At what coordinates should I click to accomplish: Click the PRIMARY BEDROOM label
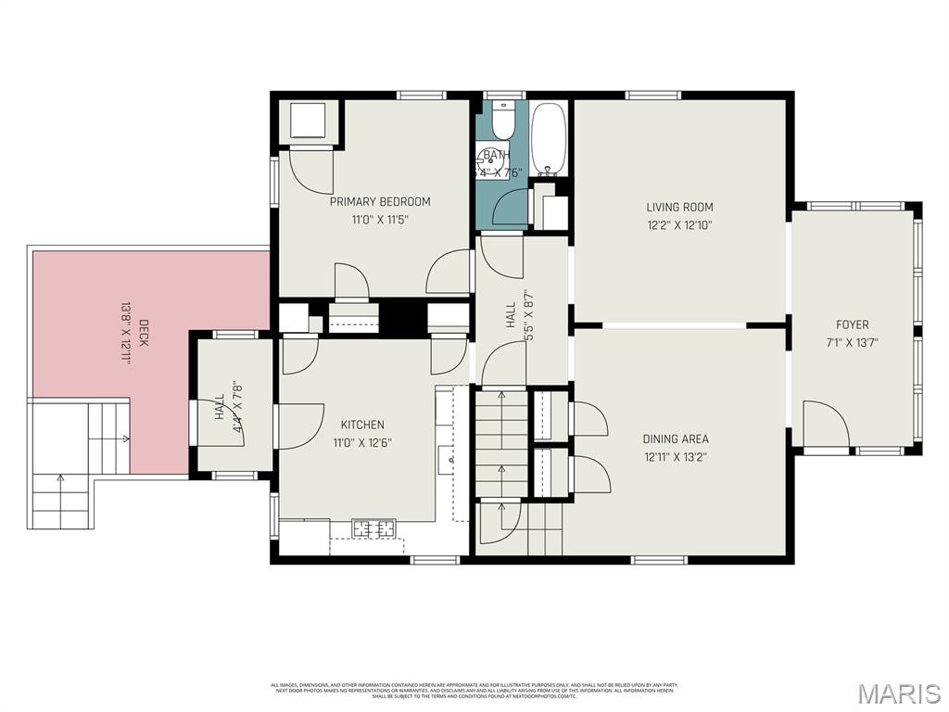click(380, 201)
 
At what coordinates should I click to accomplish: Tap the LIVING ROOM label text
click(679, 207)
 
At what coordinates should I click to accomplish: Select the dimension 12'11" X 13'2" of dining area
click(676, 456)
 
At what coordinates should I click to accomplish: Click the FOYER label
click(852, 324)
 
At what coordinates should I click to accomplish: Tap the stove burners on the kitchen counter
click(373, 529)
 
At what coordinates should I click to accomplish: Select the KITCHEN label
click(362, 425)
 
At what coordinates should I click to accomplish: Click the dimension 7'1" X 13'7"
click(852, 342)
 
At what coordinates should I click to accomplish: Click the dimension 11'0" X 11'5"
click(380, 220)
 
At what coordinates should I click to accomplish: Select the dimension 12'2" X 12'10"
click(679, 224)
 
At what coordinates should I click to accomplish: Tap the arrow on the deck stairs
click(61, 479)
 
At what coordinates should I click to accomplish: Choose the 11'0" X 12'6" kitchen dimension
click(362, 442)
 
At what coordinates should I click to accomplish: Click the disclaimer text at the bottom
click(474, 690)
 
